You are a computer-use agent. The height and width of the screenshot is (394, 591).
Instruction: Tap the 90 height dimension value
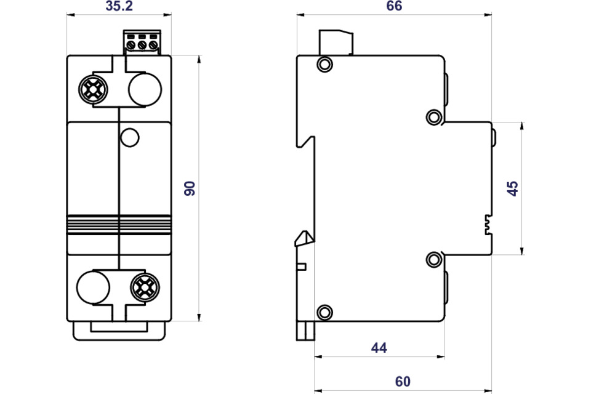(190, 188)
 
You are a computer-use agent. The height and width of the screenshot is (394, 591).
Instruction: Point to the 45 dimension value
(513, 188)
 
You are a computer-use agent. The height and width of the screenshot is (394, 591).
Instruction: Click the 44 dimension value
(379, 348)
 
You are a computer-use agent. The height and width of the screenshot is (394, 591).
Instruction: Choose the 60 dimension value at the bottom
(403, 382)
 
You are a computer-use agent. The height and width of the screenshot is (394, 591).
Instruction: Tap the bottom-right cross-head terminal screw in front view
(145, 286)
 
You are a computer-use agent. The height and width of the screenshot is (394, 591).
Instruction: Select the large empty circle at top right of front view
(145, 90)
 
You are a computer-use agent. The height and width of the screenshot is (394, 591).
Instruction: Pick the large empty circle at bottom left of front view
(93, 287)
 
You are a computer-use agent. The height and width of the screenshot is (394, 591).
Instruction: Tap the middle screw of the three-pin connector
(142, 44)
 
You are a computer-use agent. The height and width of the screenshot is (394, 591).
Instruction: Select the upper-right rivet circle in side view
(433, 116)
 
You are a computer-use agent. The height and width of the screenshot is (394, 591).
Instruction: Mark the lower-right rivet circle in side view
(433, 259)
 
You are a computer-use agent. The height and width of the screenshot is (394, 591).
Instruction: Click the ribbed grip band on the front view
(118, 224)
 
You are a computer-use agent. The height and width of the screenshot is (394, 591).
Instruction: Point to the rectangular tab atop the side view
(336, 42)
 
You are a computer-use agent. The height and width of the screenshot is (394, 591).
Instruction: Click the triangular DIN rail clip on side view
(304, 239)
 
